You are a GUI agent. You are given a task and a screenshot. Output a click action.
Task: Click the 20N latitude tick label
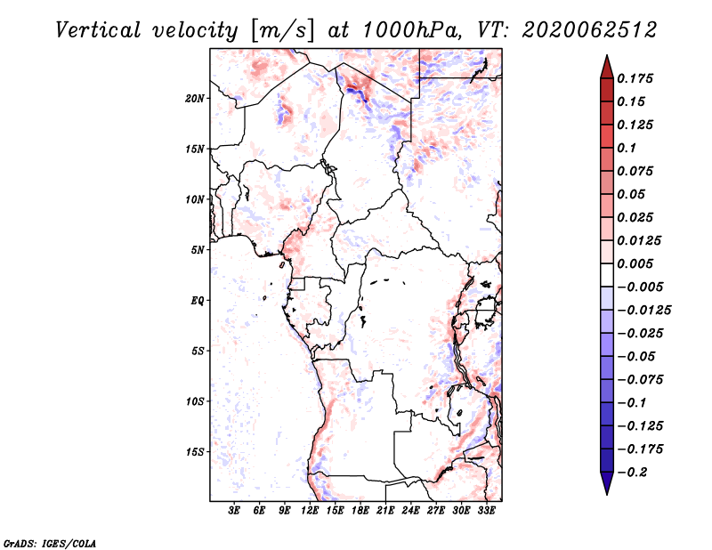coord(195,99)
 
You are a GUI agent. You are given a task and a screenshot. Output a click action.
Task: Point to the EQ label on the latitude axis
coord(198,301)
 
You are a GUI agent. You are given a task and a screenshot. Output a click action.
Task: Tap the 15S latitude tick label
coord(195,452)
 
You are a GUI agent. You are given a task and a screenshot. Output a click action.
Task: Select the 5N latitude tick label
coord(198,250)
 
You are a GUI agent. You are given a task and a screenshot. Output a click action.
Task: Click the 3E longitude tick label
coord(234,511)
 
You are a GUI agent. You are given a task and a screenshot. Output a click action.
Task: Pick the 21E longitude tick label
coord(385,511)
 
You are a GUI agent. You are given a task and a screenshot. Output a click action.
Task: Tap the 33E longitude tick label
coord(486,511)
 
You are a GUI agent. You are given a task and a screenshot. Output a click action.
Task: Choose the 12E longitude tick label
coord(309,511)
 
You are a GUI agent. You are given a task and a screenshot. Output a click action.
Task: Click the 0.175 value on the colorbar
coord(635,78)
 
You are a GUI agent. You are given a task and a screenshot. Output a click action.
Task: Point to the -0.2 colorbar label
coord(632,473)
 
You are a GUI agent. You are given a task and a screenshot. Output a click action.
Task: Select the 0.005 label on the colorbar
coord(635,263)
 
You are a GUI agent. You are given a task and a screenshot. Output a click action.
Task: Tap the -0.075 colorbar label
coord(640,380)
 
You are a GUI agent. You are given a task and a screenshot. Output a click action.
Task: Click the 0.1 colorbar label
coord(627,148)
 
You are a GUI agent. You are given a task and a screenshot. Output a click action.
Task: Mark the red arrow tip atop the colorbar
coord(607,55)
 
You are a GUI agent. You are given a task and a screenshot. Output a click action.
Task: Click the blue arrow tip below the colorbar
coord(607,494)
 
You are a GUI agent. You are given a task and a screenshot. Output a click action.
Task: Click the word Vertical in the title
coord(98,30)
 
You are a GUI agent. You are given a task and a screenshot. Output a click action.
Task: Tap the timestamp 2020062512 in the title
coord(589,30)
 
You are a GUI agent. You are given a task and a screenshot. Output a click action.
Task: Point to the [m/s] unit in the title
coord(282,30)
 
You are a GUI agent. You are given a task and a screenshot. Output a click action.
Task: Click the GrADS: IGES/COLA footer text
coord(50,543)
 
